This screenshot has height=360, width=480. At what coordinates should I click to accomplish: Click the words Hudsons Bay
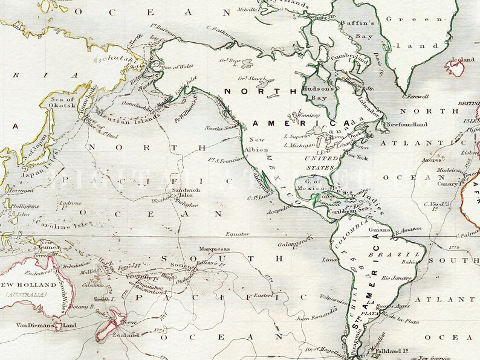[318, 92]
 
